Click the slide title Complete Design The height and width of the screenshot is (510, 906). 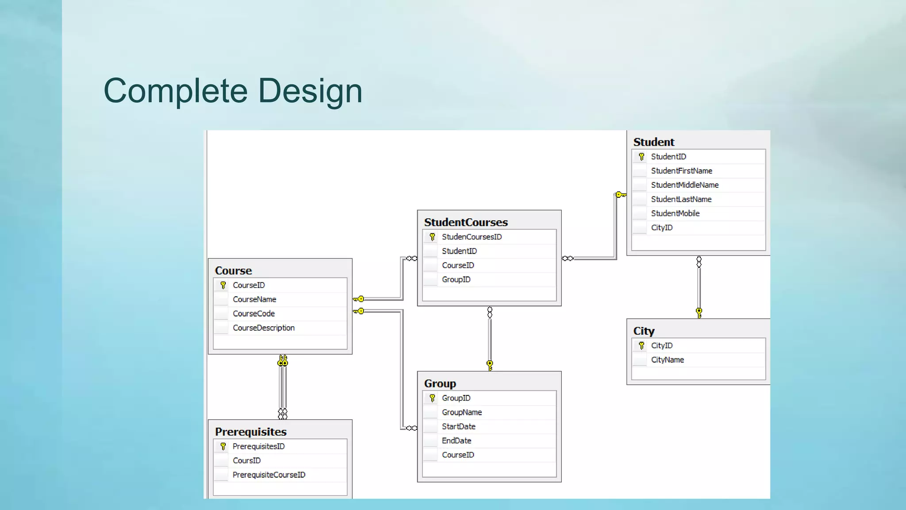coord(233,91)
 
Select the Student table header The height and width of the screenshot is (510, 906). coord(653,142)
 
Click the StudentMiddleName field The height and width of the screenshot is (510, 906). coord(684,185)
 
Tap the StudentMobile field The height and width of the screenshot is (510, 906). coord(675,213)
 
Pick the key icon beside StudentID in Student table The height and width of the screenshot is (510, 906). coord(641,157)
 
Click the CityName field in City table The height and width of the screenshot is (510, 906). coord(667,360)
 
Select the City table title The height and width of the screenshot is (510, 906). coord(644,331)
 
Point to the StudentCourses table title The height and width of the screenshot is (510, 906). coord(465,222)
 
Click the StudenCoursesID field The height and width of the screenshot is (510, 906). coord(472,237)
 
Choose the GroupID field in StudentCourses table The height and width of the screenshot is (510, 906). coord(456,279)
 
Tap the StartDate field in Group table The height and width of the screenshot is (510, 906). coord(458,426)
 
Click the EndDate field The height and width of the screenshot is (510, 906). coord(457,440)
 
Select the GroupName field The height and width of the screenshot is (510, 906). coord(461,412)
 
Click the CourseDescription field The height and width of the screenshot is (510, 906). coord(264,328)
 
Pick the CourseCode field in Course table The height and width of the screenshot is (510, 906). coord(253,313)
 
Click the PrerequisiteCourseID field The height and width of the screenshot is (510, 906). coord(269,475)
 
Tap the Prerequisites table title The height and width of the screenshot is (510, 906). coord(250,432)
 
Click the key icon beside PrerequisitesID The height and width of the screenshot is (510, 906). coord(223,446)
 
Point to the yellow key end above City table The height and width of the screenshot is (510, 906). coord(699,312)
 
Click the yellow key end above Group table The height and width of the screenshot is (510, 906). coord(490,365)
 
